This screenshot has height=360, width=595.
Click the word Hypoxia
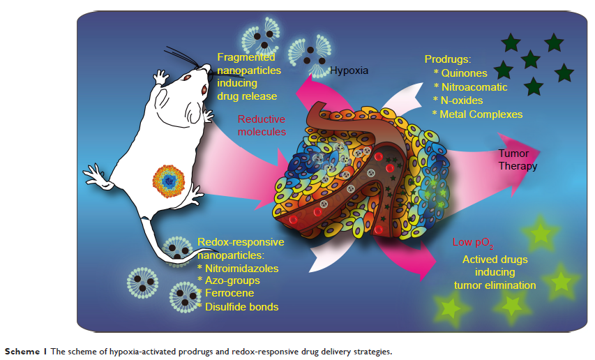[349, 70]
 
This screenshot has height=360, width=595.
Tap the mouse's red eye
[204, 89]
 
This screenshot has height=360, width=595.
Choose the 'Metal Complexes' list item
[480, 114]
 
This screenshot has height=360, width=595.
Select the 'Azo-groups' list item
[233, 280]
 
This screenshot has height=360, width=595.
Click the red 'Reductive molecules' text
[262, 125]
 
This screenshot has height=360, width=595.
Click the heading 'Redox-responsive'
[241, 242]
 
